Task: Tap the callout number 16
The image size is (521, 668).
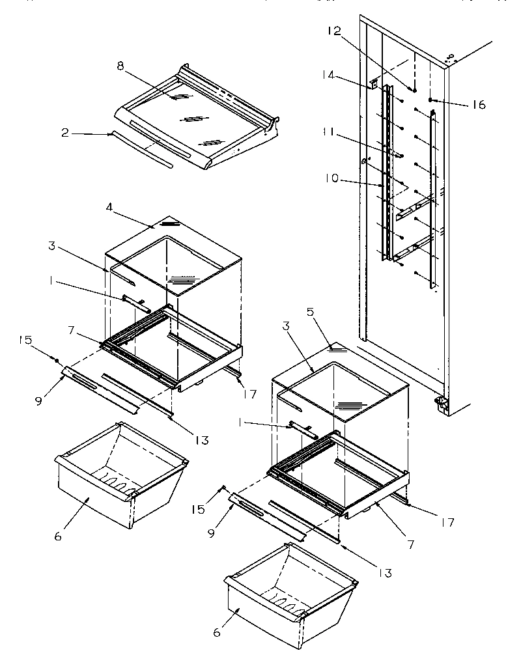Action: [479, 104]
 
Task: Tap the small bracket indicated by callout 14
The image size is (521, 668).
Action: [374, 84]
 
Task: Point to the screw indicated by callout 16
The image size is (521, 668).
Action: [432, 100]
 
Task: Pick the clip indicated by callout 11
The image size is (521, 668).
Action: [395, 155]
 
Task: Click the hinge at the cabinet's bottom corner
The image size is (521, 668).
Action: [442, 404]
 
